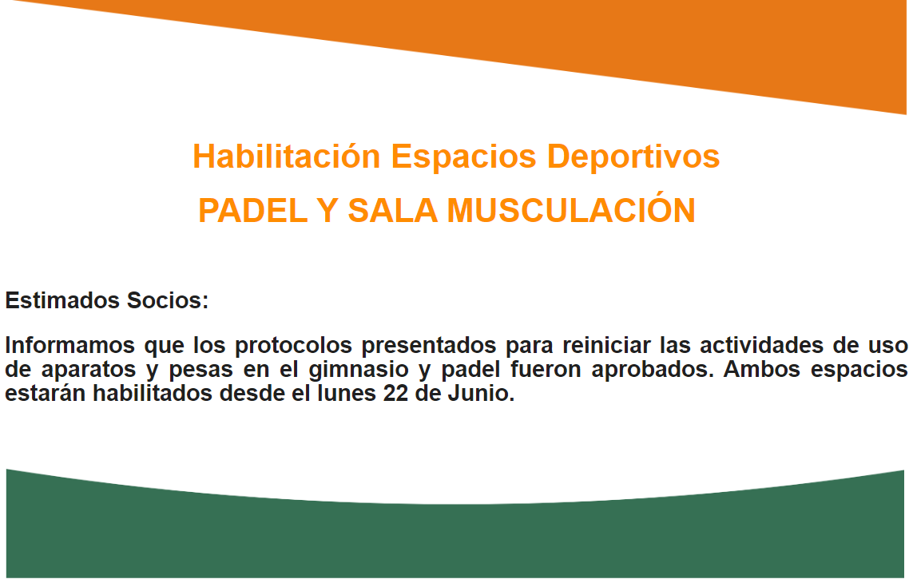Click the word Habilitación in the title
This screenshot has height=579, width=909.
click(287, 157)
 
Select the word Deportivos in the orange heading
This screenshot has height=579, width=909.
click(633, 157)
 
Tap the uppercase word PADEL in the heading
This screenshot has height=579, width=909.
click(252, 210)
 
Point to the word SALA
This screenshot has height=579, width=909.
click(392, 210)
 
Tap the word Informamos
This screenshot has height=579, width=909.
click(69, 346)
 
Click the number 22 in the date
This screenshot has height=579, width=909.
click(396, 394)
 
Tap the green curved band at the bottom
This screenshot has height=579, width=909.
click(454, 539)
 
